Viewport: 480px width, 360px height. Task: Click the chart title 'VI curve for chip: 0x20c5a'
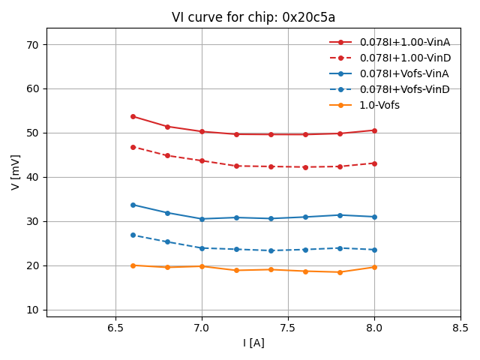pyautogui.click(x=253, y=17)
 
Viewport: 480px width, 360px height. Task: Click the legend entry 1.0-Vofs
pyautogui.click(x=379, y=105)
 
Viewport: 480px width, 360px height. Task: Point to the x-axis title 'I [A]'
pyautogui.click(x=253, y=343)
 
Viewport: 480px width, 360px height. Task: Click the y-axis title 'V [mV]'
pyautogui.click(x=16, y=172)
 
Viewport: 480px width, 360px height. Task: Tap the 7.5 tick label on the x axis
pyautogui.click(x=288, y=328)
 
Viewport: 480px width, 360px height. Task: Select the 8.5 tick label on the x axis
pyautogui.click(x=460, y=328)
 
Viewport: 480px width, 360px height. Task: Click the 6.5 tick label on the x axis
pyautogui.click(x=115, y=328)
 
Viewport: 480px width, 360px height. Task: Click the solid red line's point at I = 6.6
pyautogui.click(x=133, y=116)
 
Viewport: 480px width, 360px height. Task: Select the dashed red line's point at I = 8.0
pyautogui.click(x=374, y=163)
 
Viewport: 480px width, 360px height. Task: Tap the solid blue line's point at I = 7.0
pyautogui.click(x=202, y=219)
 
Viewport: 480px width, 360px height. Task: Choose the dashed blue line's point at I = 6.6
pyautogui.click(x=133, y=235)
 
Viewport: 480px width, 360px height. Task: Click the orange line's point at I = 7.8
pyautogui.click(x=340, y=272)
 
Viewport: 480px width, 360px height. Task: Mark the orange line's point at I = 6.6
pyautogui.click(x=133, y=265)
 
